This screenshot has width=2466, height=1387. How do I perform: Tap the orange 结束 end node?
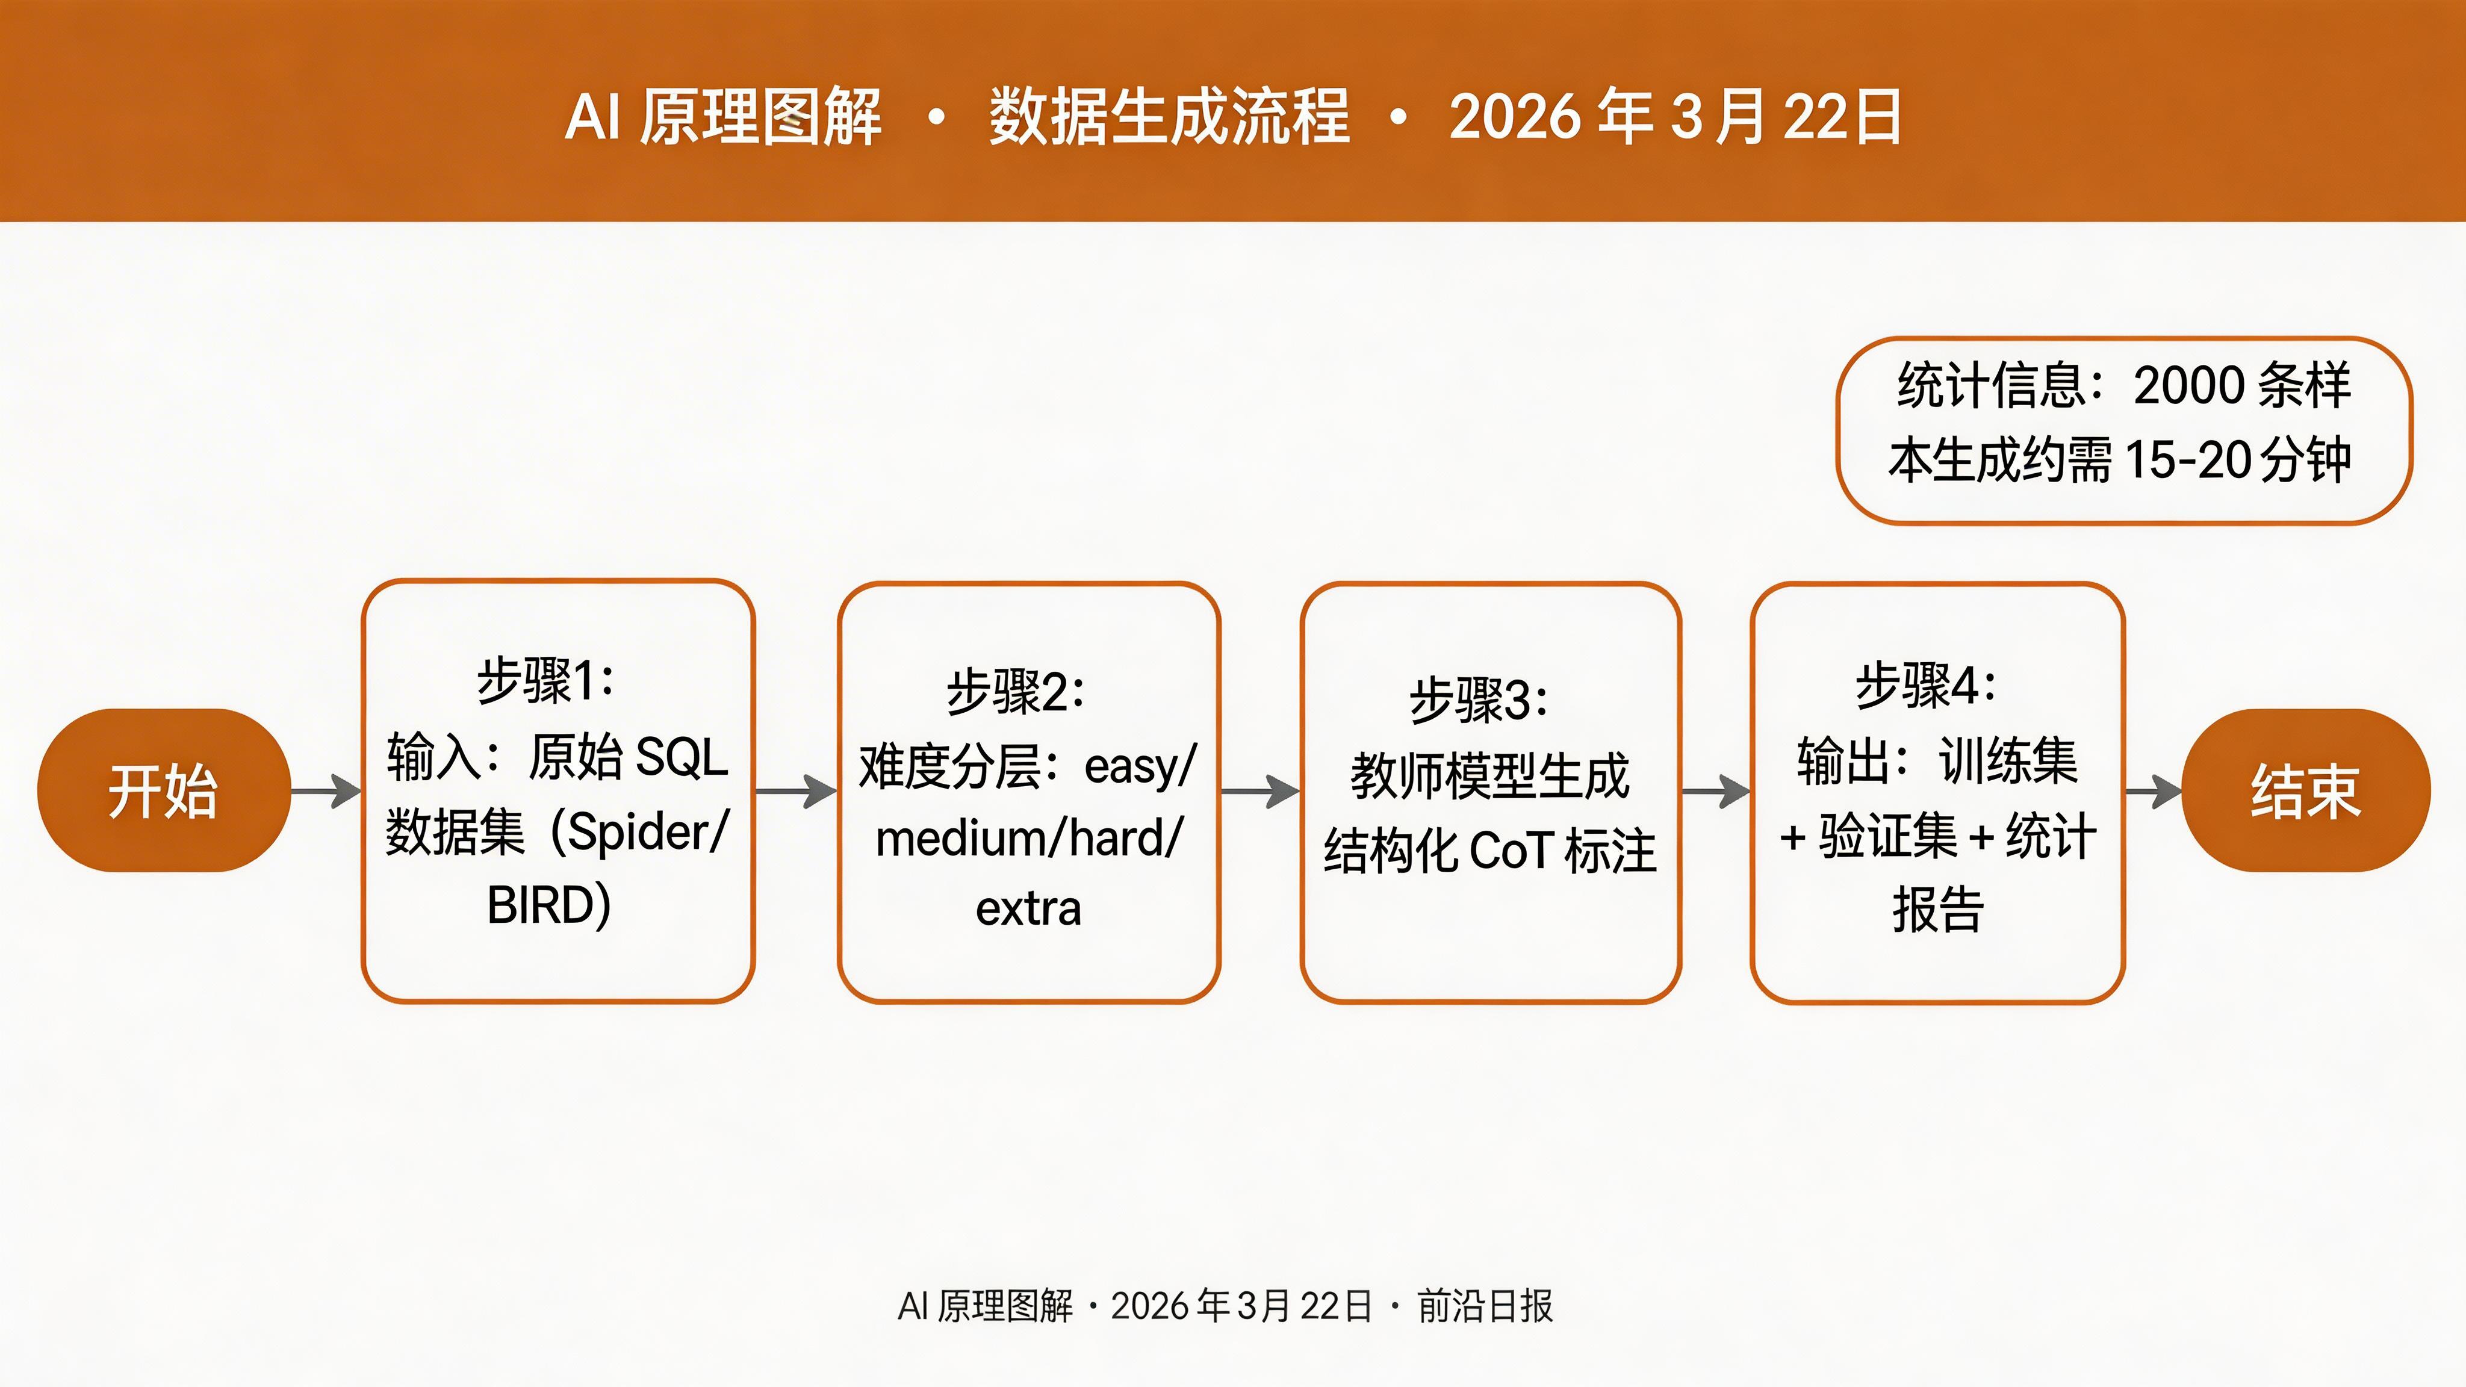click(x=2305, y=790)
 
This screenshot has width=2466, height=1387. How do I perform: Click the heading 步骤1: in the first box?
click(x=545, y=681)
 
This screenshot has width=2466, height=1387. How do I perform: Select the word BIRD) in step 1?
click(x=548, y=905)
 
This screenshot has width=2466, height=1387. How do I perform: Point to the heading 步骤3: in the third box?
click(x=1479, y=700)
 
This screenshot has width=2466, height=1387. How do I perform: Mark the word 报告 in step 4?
click(x=1937, y=910)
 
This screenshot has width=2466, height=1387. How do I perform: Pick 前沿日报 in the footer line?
click(x=1485, y=1306)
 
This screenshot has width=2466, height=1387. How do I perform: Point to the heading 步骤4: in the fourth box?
click(x=1926, y=685)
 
